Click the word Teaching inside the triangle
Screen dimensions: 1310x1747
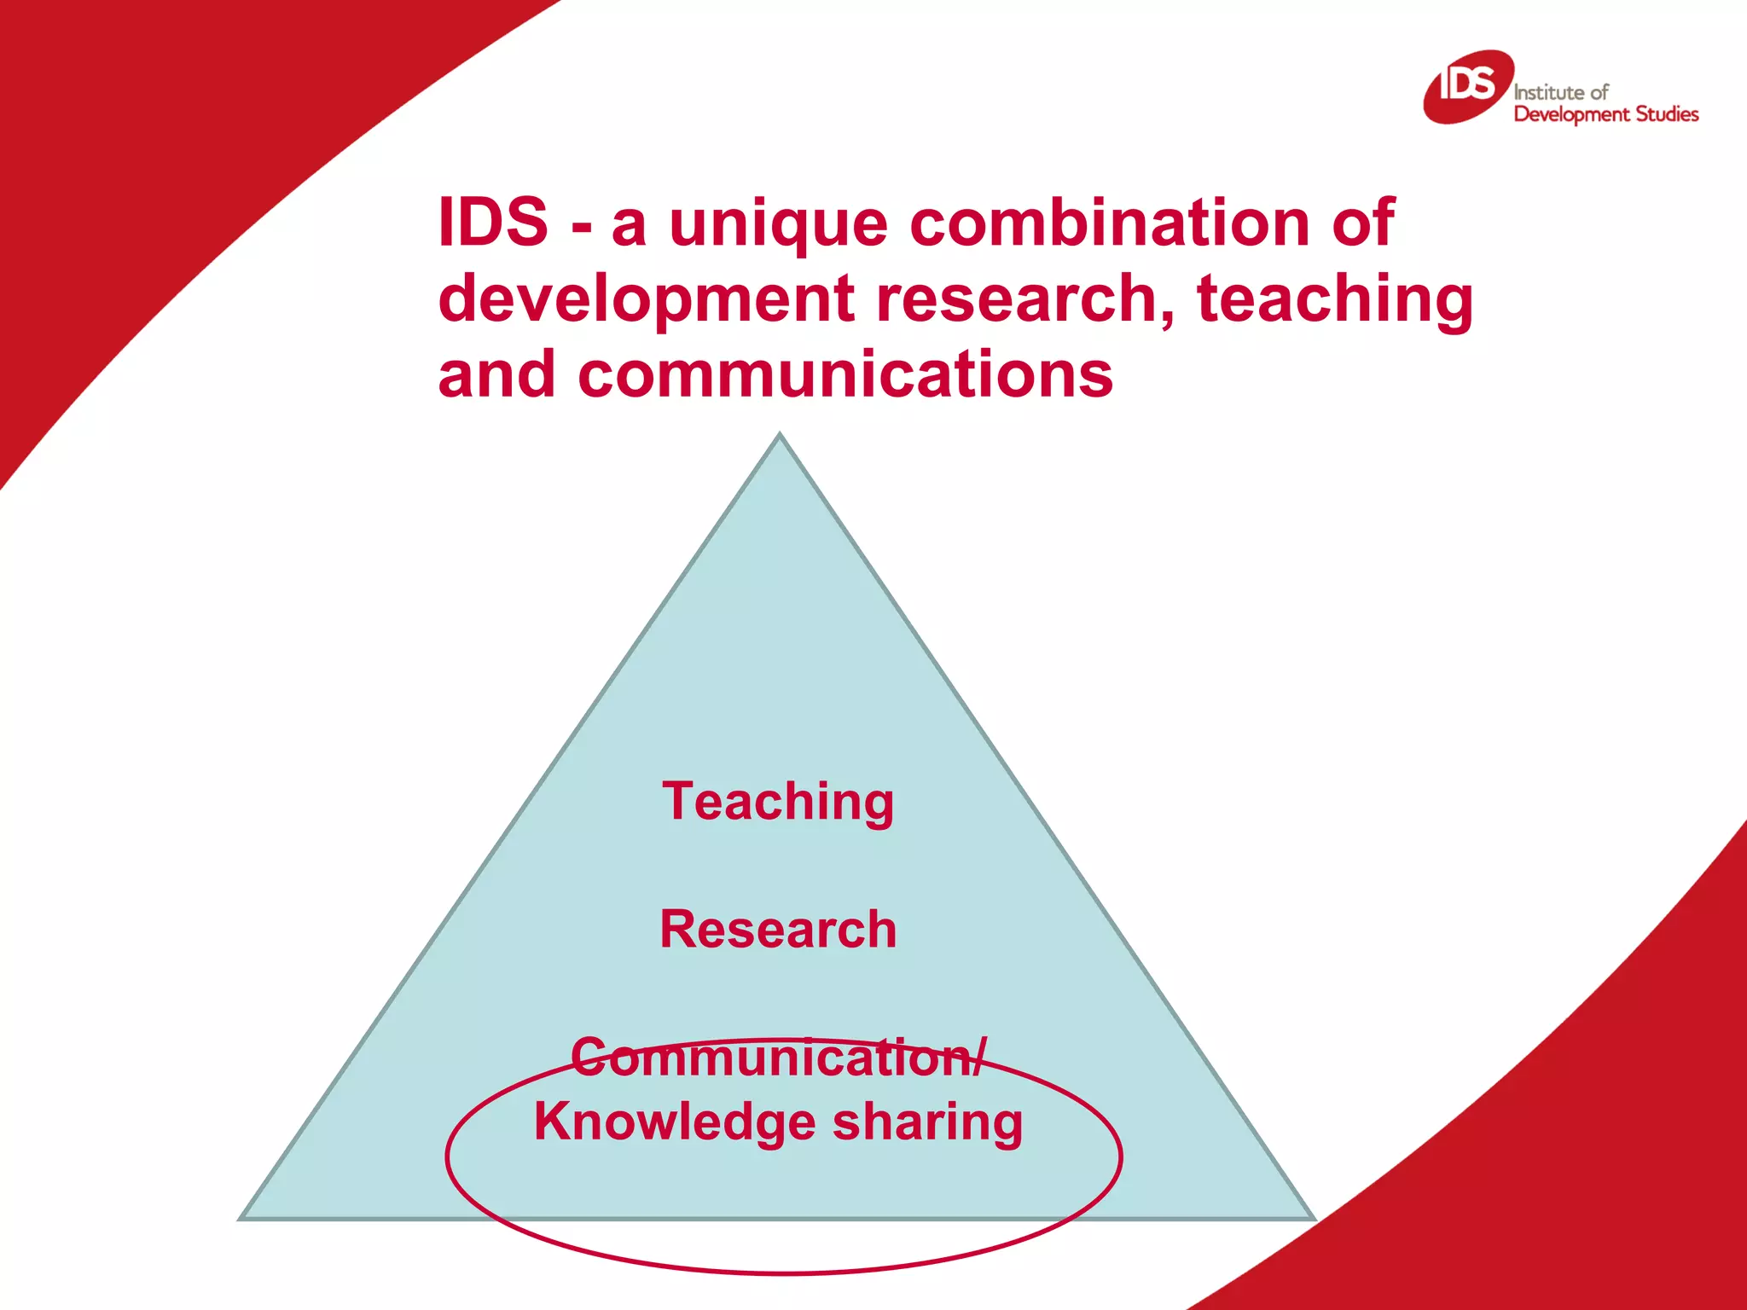(778, 802)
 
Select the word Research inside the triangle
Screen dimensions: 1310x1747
(778, 929)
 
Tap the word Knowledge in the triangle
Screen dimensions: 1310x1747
(673, 1122)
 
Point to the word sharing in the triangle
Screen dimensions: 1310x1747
(927, 1122)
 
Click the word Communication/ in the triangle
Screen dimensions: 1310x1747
(778, 1058)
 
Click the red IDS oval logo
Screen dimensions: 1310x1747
(1468, 86)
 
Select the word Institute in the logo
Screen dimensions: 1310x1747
(1550, 92)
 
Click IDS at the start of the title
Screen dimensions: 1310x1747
(493, 222)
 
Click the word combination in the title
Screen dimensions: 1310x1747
(1110, 222)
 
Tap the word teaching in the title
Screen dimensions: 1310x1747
(1335, 299)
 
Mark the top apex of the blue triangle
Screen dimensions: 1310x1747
(779, 435)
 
